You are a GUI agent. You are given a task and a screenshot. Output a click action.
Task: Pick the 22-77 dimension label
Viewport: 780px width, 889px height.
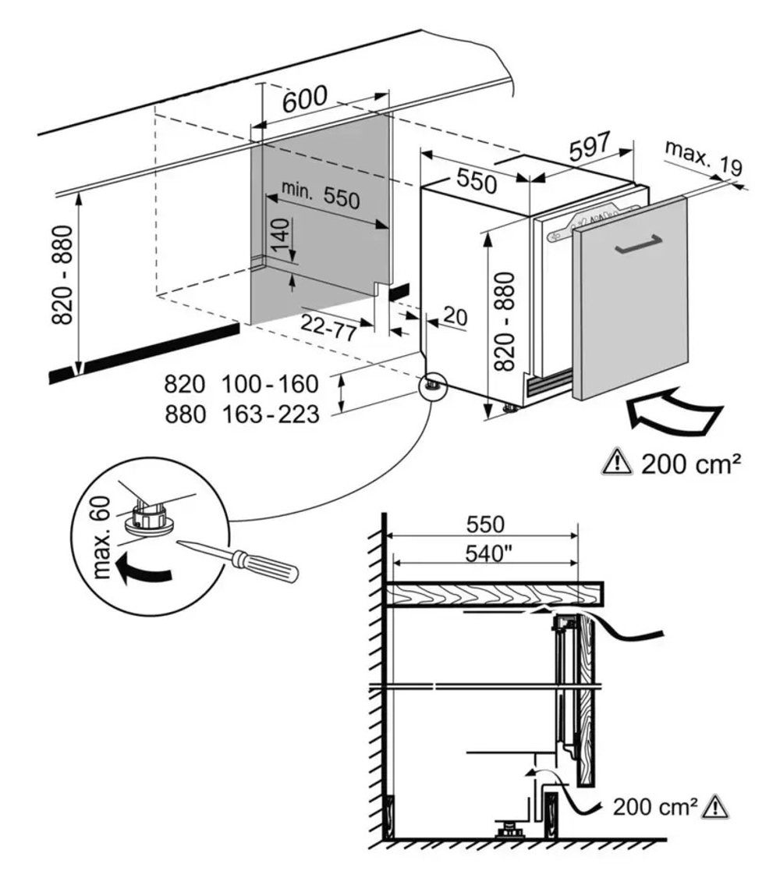tap(329, 327)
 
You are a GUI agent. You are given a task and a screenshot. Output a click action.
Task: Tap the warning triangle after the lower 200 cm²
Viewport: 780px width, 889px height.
tap(714, 805)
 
